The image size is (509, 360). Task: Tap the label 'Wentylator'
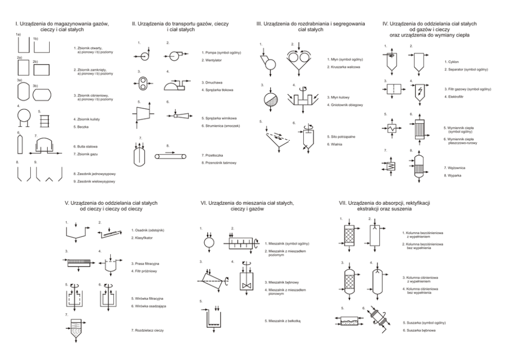214,60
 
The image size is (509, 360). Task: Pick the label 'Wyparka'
451,176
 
